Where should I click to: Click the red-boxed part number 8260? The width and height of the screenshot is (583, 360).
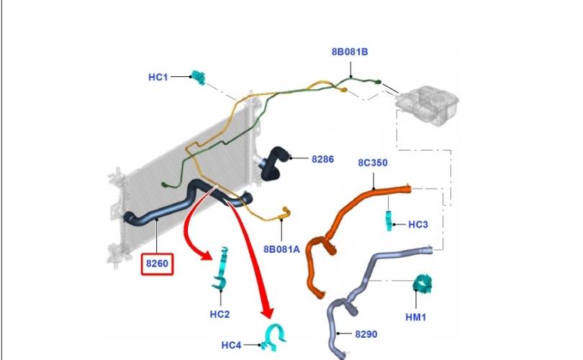157,264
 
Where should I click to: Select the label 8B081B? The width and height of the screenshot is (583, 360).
350,52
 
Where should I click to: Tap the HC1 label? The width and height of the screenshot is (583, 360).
158,77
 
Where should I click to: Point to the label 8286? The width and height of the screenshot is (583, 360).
322,159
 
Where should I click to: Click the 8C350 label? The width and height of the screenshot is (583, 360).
373,163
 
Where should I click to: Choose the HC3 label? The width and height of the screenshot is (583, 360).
418,225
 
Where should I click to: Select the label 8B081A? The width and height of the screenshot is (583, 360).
281,249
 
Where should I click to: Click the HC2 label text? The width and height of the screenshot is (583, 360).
220,314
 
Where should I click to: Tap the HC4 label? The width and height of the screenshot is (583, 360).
231,345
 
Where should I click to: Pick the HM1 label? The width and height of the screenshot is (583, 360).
416,318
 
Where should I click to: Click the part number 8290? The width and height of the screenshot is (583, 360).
366,334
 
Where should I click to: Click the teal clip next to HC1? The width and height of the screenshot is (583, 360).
199,77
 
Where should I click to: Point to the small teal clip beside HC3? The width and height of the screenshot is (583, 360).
389,220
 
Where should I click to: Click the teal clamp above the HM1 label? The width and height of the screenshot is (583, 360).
422,284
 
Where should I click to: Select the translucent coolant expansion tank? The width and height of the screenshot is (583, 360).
428,105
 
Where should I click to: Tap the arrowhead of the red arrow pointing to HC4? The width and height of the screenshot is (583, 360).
268,312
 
